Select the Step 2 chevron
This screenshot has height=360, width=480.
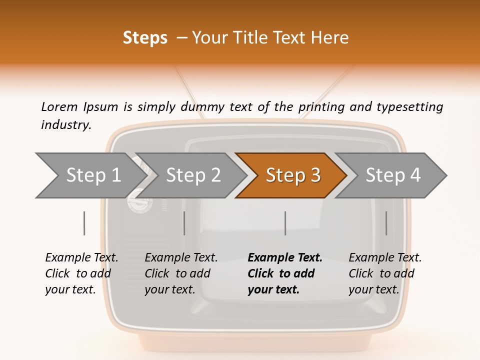coord(193,175)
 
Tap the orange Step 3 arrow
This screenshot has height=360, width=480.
coord(293,175)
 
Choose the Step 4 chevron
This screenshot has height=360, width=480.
coord(393,175)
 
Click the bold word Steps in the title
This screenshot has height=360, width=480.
coord(145,38)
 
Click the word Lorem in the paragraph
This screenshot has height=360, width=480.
coord(59,106)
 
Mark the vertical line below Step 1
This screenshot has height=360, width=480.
coord(84,223)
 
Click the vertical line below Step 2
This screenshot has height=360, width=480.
coord(184,223)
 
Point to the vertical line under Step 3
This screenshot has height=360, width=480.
coord(285,223)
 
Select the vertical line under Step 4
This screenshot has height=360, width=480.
coord(386,223)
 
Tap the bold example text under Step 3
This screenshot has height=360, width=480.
coord(284,273)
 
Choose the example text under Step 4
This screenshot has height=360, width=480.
coord(384,273)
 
